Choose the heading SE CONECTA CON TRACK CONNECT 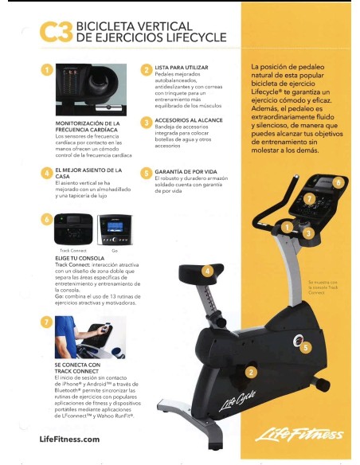click(77, 368)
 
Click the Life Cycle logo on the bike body click(225, 403)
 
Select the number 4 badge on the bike click(208, 272)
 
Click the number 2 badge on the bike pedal click(251, 372)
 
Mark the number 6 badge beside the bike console click(338, 182)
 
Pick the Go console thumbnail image click(114, 231)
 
